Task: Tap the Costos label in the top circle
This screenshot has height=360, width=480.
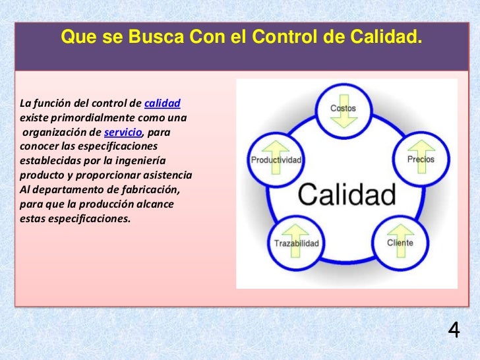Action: click(x=343, y=107)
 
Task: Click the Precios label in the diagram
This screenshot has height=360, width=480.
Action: click(x=421, y=160)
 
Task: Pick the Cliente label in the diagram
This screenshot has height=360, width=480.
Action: click(x=400, y=243)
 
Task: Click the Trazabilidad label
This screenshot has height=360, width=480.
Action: click(x=296, y=243)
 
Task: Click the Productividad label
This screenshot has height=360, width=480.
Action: click(x=276, y=160)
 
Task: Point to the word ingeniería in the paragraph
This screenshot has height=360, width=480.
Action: click(x=139, y=161)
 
